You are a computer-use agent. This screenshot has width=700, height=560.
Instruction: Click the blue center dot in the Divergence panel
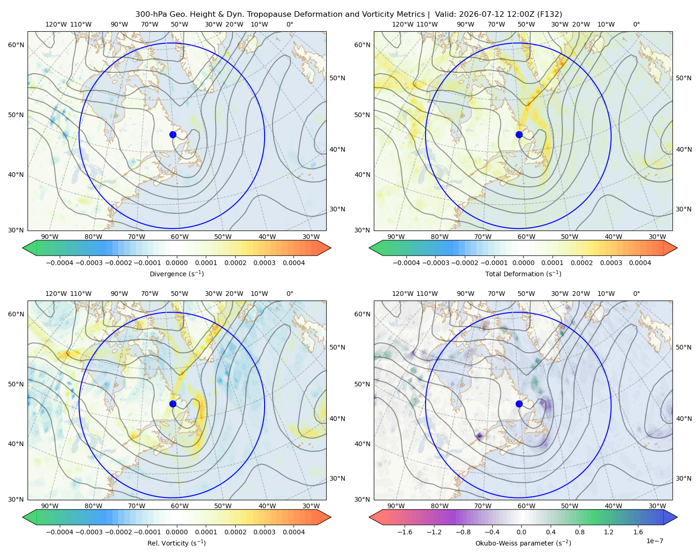pos(173,135)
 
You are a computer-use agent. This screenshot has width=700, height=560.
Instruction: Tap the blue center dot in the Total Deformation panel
pos(519,135)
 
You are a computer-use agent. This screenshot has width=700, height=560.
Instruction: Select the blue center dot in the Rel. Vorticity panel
pos(173,404)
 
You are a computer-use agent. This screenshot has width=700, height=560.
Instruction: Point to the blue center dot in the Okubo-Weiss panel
pos(519,404)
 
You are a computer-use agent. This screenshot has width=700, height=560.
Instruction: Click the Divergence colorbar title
pos(176,274)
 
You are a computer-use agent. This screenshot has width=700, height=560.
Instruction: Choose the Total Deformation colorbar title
pos(523,274)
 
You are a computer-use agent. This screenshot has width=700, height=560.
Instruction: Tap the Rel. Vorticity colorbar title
pos(176,543)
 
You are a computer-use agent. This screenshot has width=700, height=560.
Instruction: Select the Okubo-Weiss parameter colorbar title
pos(523,543)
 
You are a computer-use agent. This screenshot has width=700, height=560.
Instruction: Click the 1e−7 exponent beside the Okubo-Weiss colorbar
pos(654,541)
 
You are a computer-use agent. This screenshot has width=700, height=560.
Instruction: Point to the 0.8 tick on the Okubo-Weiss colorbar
pos(580,532)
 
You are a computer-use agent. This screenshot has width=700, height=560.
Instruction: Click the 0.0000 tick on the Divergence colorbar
pos(176,263)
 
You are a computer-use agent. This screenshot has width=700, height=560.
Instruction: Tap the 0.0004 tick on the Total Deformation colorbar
pos(640,263)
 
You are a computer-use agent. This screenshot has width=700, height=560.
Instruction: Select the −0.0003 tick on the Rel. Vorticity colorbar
pos(89,532)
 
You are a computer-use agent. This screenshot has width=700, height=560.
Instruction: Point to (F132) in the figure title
pos(549,14)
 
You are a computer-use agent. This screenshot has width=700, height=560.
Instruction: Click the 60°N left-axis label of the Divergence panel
pos(16,45)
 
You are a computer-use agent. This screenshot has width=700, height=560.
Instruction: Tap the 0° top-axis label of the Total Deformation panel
pos(637,24)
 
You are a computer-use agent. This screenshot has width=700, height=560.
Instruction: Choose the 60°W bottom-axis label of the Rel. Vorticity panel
pos(180,506)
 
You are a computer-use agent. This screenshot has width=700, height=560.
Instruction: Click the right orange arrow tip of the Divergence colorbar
pos(330,248)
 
